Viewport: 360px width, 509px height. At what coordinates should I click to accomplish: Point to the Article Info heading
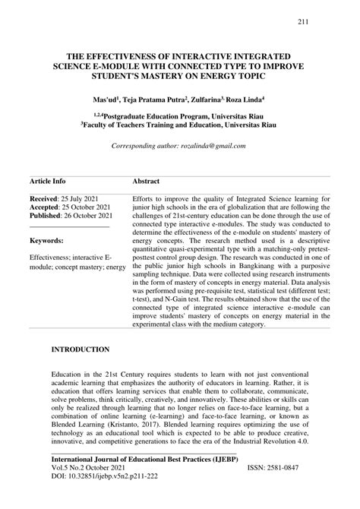(x=47, y=182)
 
